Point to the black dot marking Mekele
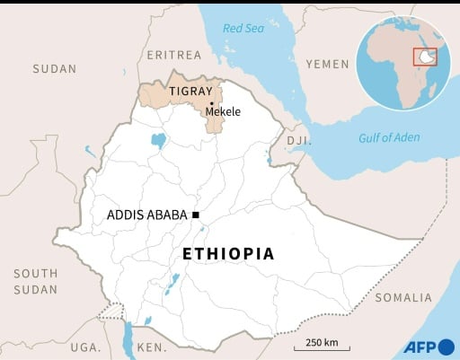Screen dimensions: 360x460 (211, 103)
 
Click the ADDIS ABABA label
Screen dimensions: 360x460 (146, 215)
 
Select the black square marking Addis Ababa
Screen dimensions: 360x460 (195, 215)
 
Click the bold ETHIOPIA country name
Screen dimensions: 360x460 (228, 254)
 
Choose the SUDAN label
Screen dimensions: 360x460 (55, 68)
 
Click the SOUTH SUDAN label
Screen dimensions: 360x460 (35, 281)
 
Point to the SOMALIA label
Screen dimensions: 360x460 (402, 297)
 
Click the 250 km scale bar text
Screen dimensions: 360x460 (321, 342)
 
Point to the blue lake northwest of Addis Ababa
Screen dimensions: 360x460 (159, 140)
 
